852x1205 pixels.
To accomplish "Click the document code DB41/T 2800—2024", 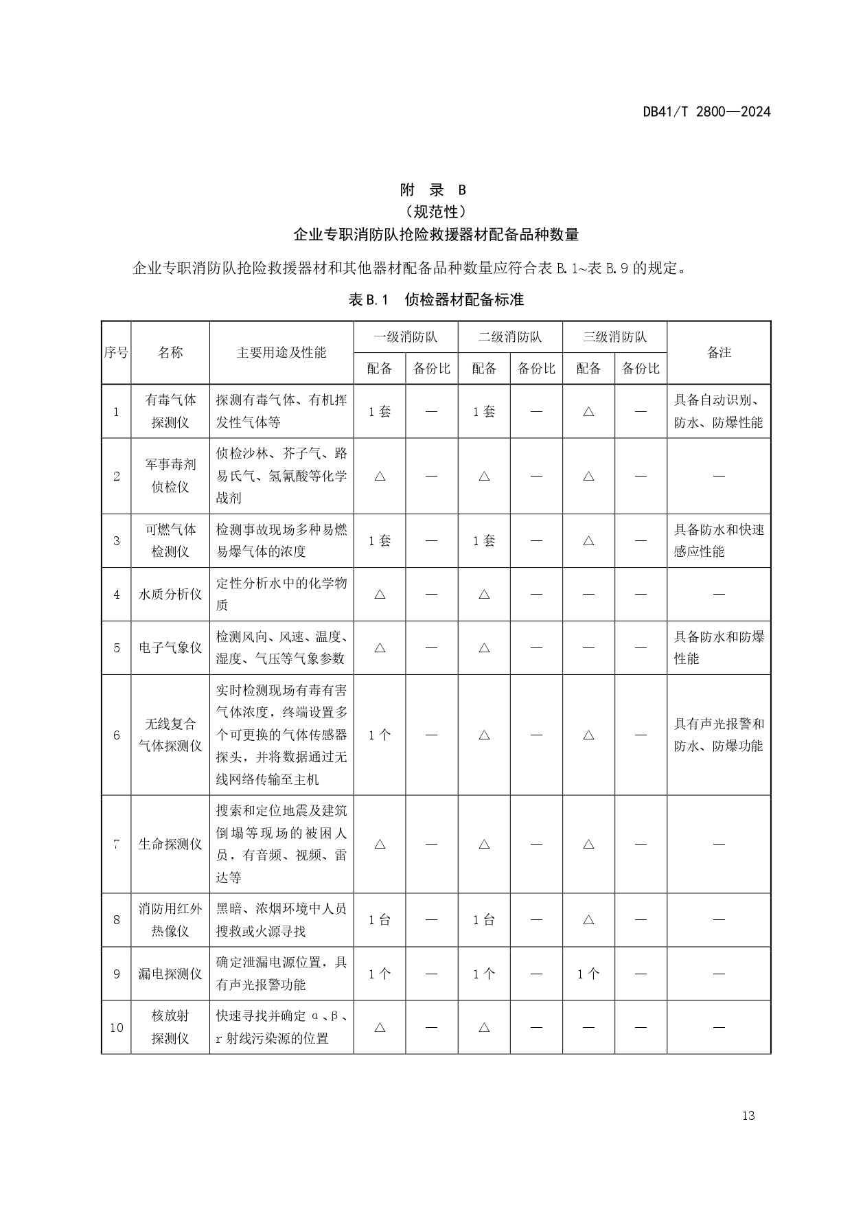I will pyautogui.click(x=706, y=112).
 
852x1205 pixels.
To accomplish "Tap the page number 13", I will pyautogui.click(x=748, y=1116).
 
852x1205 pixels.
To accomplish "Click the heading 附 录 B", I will pyautogui.click(x=433, y=190).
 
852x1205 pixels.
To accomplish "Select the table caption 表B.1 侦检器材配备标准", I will pyautogui.click(x=436, y=300).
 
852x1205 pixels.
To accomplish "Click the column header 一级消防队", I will pyautogui.click(x=405, y=337).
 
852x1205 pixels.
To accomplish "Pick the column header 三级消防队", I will pyautogui.click(x=614, y=337).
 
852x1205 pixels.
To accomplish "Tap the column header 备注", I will pyautogui.click(x=719, y=352).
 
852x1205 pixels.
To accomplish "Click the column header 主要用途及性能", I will pyautogui.click(x=281, y=352).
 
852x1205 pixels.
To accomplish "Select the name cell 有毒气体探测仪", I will pyautogui.click(x=170, y=411).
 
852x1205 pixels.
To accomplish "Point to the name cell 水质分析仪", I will pyautogui.click(x=170, y=594).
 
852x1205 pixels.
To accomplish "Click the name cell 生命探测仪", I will pyautogui.click(x=170, y=844).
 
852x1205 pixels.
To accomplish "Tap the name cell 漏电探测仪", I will pyautogui.click(x=170, y=974).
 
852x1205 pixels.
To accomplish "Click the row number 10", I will pyautogui.click(x=116, y=1027).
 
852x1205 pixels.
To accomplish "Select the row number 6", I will pyautogui.click(x=116, y=735).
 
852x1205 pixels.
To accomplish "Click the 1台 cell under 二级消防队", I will pyautogui.click(x=484, y=920).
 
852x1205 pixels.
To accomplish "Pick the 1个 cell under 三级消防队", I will pyautogui.click(x=588, y=974).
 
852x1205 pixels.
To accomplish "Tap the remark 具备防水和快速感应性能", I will pyautogui.click(x=719, y=540).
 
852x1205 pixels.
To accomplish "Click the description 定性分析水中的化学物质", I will pyautogui.click(x=281, y=594).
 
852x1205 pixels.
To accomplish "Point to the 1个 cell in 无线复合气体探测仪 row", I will pyautogui.click(x=380, y=735).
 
